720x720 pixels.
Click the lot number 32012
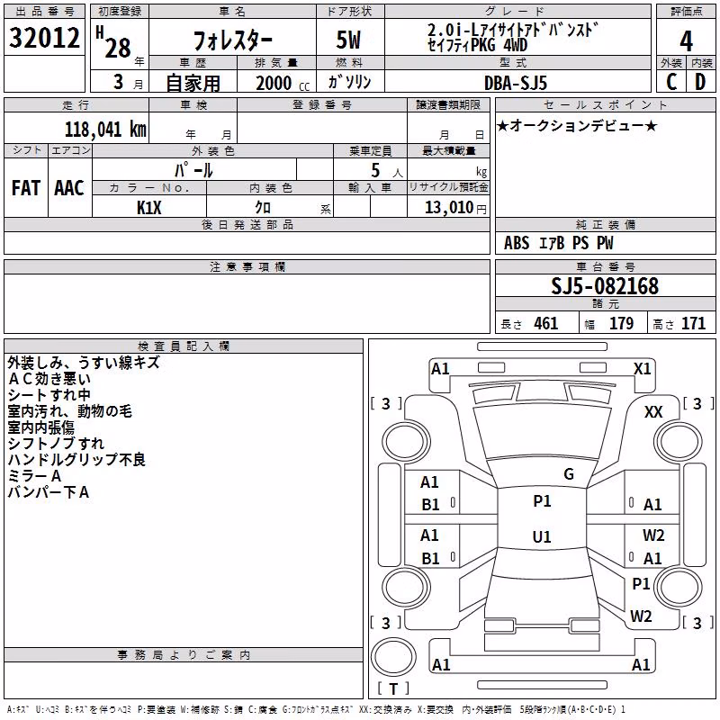pyautogui.click(x=44, y=38)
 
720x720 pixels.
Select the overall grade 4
pyautogui.click(x=686, y=41)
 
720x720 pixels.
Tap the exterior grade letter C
pyautogui.click(x=671, y=82)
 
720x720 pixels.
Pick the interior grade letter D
pyautogui.click(x=700, y=82)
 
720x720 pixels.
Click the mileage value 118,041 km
pyautogui.click(x=105, y=130)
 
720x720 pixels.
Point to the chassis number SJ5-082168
pyautogui.click(x=605, y=286)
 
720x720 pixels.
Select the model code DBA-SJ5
pyautogui.click(x=516, y=83)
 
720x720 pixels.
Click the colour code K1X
pyautogui.click(x=149, y=208)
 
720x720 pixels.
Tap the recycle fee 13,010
pyautogui.click(x=448, y=207)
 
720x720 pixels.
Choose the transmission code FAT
pyautogui.click(x=26, y=188)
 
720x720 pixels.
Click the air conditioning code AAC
pyautogui.click(x=69, y=188)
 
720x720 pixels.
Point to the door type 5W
pyautogui.click(x=348, y=40)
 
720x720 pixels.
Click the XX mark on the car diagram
pyautogui.click(x=653, y=412)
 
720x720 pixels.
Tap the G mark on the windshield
pyautogui.click(x=569, y=474)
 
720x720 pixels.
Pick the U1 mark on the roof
pyautogui.click(x=542, y=536)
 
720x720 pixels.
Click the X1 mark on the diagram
pyautogui.click(x=642, y=369)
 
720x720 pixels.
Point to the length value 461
pyautogui.click(x=546, y=323)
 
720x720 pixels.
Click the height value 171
pyautogui.click(x=693, y=323)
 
